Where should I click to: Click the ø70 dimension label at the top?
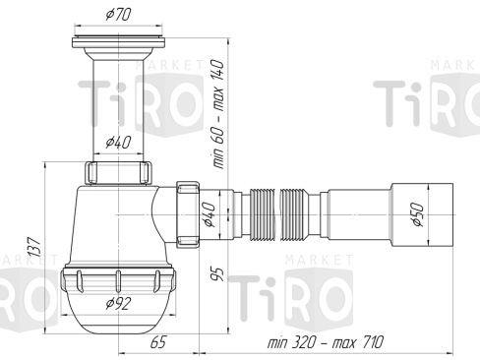tap(118, 15)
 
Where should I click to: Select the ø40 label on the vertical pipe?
tap(118, 142)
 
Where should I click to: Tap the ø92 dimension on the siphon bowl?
tap(118, 303)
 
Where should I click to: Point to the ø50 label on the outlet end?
tap(418, 214)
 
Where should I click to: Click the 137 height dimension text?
tap(34, 247)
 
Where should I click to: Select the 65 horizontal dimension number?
tap(158, 342)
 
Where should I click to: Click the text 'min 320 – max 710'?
tap(325, 342)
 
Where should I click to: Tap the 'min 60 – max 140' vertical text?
tap(218, 114)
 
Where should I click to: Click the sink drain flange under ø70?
tap(118, 42)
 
